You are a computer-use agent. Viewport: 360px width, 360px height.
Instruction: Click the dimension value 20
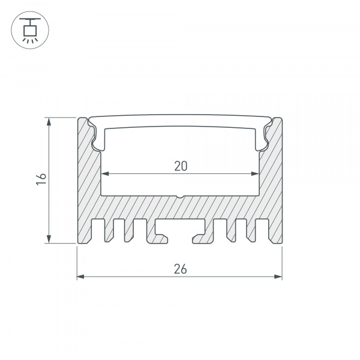point(181,166)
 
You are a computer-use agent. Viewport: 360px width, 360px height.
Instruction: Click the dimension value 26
point(180,269)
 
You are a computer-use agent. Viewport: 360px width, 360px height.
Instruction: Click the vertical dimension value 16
point(41,179)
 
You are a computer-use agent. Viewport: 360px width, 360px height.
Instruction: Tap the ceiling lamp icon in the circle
point(30,30)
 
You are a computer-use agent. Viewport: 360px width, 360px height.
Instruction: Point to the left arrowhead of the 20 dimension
point(104,173)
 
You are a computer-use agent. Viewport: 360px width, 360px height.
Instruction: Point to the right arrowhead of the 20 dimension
point(256,173)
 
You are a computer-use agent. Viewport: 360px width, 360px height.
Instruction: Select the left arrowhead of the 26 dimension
point(80,277)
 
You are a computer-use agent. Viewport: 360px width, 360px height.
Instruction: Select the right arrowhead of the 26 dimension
point(278,277)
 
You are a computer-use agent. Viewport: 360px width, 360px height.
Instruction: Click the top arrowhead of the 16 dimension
point(49,121)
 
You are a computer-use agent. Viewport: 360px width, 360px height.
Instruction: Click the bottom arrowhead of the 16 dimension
point(49,239)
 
